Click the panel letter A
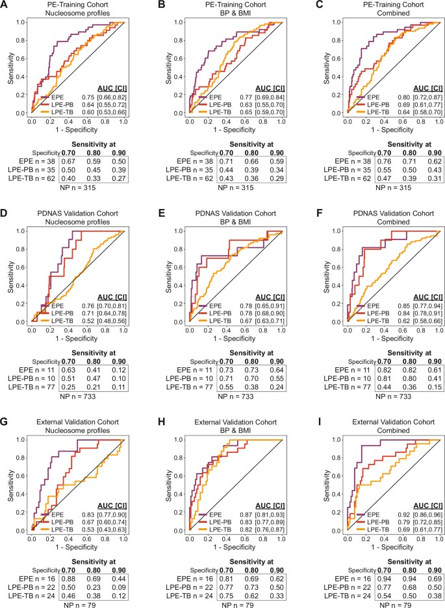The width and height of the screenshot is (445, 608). pyautogui.click(x=6, y=6)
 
